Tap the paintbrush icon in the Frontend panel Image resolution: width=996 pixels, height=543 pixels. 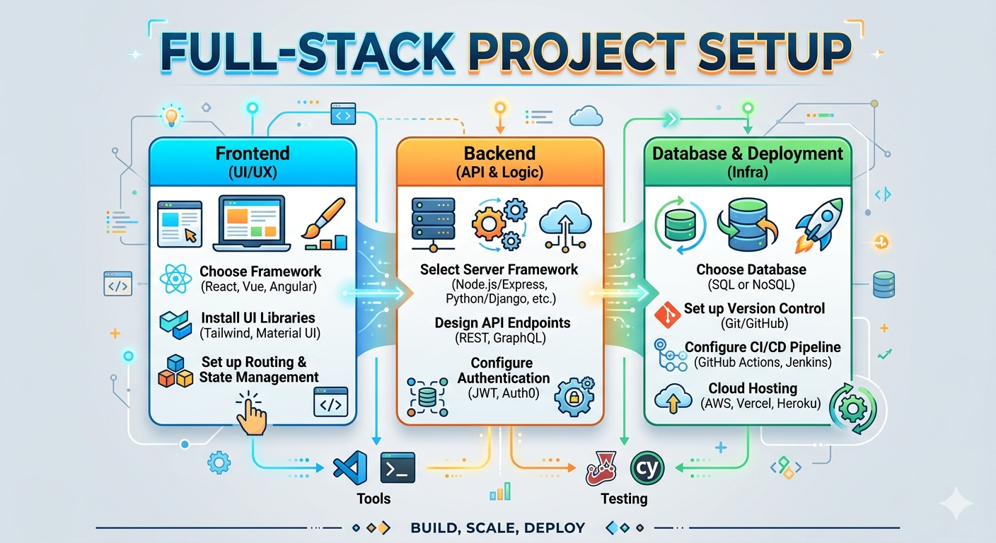[325, 223]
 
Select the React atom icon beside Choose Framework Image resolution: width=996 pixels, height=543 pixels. [176, 279]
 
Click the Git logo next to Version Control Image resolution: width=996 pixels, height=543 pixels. [666, 313]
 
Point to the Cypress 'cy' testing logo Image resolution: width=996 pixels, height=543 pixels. [646, 467]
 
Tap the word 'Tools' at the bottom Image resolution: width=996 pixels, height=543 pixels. [373, 498]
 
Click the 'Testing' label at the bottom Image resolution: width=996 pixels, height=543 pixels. [624, 498]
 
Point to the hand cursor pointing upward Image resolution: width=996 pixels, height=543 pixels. [250, 416]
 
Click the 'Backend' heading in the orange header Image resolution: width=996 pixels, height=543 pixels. [499, 153]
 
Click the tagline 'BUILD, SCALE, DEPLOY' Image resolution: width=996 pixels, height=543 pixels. [497, 527]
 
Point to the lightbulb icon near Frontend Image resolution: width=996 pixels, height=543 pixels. [170, 115]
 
